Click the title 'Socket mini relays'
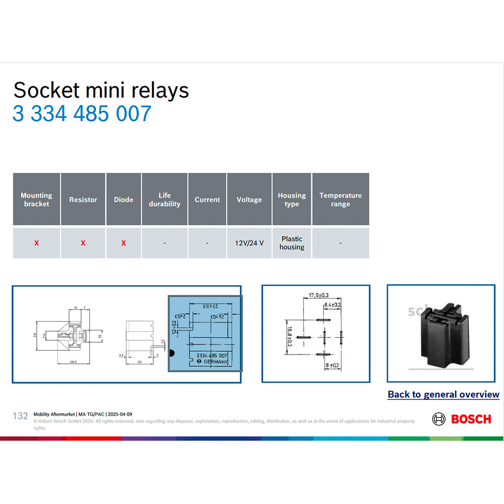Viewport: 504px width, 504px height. [101, 90]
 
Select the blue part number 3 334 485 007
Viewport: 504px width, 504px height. [82, 113]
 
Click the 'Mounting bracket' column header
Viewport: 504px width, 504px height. [36, 200]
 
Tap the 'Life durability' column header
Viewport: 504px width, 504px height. [164, 200]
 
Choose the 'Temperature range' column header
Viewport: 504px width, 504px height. [340, 200]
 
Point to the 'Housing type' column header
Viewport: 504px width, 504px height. [291, 200]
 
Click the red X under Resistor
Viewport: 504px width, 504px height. [83, 243]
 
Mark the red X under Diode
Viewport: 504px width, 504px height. [123, 243]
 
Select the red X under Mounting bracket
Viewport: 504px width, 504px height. [36, 243]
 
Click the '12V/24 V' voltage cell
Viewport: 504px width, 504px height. [249, 243]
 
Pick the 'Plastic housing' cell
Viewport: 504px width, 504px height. [292, 243]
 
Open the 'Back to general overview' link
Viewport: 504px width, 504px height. [443, 395]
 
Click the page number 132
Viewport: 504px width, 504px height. [20, 416]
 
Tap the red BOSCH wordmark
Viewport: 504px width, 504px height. [471, 419]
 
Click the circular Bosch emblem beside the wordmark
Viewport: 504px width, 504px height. [439, 419]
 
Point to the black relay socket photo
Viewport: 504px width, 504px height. [441, 335]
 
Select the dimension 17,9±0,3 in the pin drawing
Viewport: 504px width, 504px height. [319, 295]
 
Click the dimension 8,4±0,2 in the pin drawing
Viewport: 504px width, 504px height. [332, 305]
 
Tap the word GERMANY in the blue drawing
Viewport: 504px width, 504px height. [215, 362]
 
